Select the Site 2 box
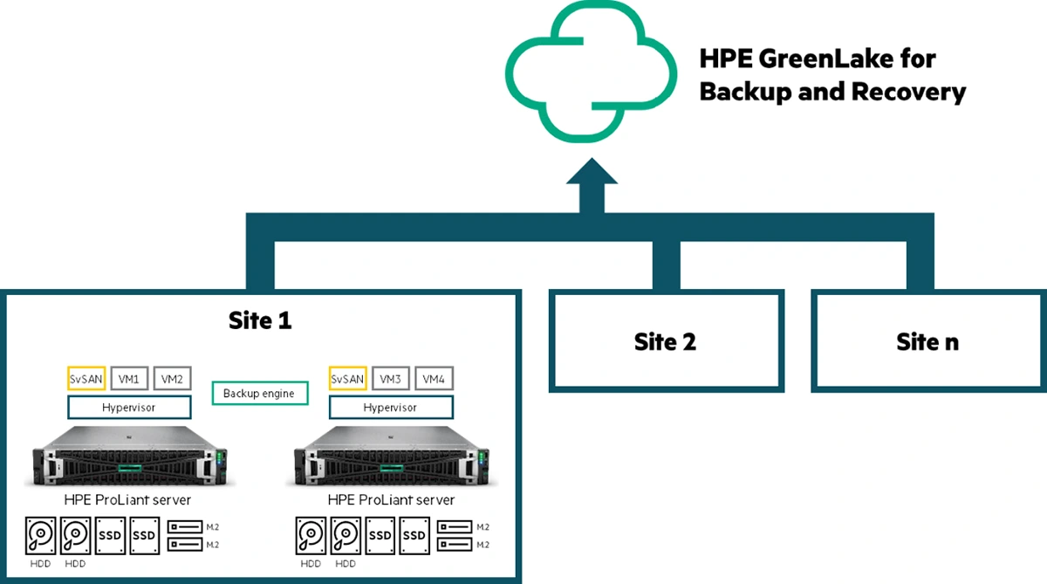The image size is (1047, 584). coord(665,341)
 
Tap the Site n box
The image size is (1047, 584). coord(927,341)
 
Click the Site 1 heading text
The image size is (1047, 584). coord(260,320)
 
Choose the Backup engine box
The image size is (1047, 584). coord(259,394)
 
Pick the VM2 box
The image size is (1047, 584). coord(172,379)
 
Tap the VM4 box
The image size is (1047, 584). coord(434,379)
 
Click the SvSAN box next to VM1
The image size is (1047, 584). coord(86,379)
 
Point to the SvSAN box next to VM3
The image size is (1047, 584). coord(347,379)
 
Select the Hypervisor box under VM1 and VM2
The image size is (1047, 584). coord(128,408)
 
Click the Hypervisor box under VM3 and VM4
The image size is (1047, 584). coord(390,408)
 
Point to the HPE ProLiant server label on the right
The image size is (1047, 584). coord(390,500)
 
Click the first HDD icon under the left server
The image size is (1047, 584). coord(40,535)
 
